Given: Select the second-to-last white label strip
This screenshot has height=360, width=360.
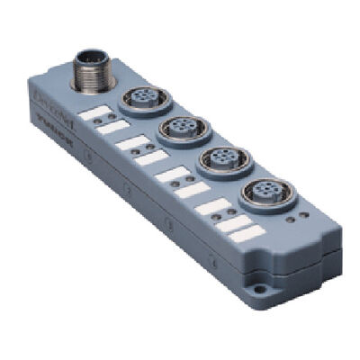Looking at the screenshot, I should pyautogui.click(x=230, y=220).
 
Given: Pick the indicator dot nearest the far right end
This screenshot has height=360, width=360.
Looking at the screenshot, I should pyautogui.click(x=299, y=224).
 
